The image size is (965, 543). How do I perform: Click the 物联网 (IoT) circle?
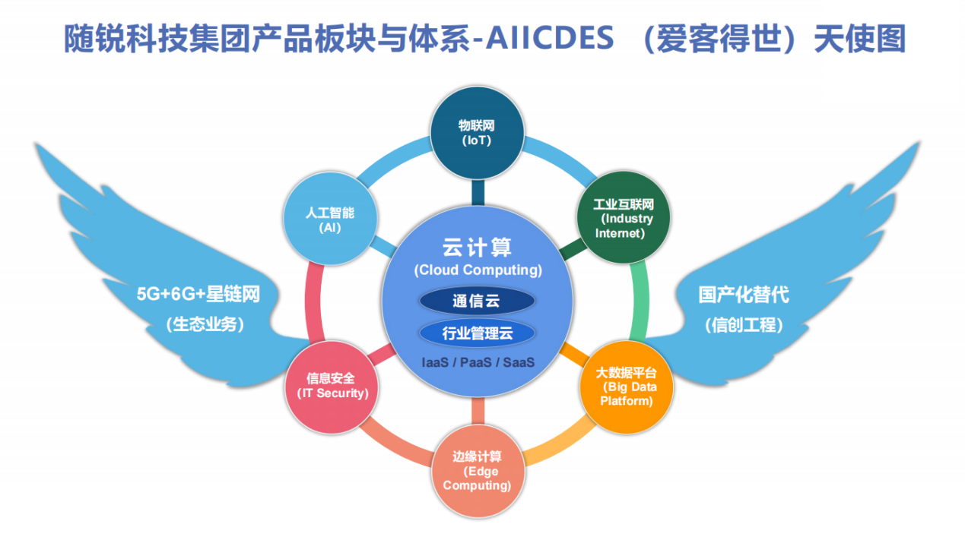point(478,133)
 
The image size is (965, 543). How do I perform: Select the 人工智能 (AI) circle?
point(330,218)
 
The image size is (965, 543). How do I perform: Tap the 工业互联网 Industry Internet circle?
point(624,217)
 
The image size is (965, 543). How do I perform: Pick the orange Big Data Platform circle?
point(627,387)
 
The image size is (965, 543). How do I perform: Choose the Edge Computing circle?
point(478,471)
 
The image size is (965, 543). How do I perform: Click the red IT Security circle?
point(332,387)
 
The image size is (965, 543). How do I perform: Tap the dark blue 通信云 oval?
point(477,301)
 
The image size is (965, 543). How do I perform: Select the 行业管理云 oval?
point(477,333)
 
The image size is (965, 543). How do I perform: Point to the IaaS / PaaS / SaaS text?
point(478,362)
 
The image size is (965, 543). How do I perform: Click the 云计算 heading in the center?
point(477,248)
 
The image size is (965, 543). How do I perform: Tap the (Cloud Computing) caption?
point(478,270)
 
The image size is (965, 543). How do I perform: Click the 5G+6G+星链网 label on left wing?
point(198,295)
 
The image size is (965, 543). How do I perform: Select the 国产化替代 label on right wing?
point(744,295)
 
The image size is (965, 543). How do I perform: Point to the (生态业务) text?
point(205,324)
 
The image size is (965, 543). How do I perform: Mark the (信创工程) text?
point(744,325)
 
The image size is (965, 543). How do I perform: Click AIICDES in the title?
point(550,38)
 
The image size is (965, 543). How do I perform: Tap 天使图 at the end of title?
point(860,38)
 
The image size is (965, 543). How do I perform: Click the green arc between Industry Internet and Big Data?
point(639,301)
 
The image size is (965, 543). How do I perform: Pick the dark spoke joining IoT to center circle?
point(478,192)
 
